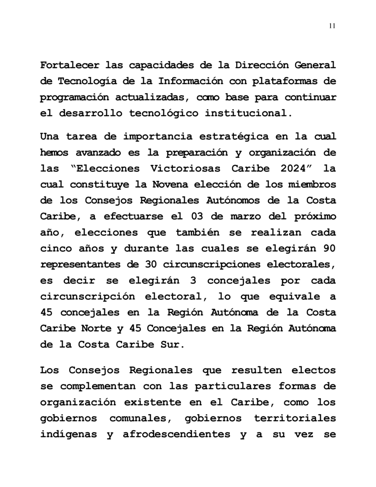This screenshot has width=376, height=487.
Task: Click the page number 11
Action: coord(332,26)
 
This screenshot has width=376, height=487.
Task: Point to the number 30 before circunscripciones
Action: coord(151,264)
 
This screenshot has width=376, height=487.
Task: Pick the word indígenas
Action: coord(67,434)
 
